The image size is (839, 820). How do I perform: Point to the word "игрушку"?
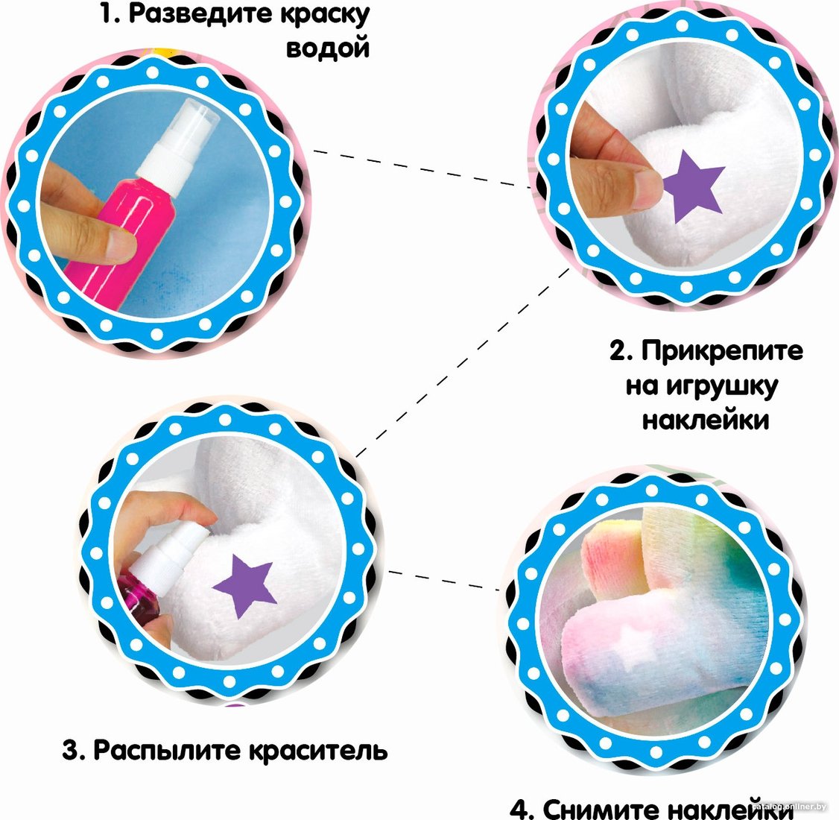pyautogui.click(x=722, y=386)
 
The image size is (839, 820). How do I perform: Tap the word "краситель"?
pyautogui.click(x=319, y=751)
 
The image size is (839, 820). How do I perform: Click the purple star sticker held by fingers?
pyautogui.click(x=693, y=186)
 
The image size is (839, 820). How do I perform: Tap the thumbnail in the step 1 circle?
pyautogui.click(x=121, y=246)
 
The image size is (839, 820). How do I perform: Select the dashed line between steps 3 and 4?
pyautogui.click(x=443, y=581)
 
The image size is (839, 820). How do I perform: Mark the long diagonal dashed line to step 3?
pyautogui.click(x=463, y=362)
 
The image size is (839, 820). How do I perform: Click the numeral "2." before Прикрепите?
pyautogui.click(x=621, y=351)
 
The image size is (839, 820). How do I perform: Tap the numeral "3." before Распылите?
pyautogui.click(x=74, y=751)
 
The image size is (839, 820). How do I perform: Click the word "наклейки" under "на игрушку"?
pyautogui.click(x=705, y=420)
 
